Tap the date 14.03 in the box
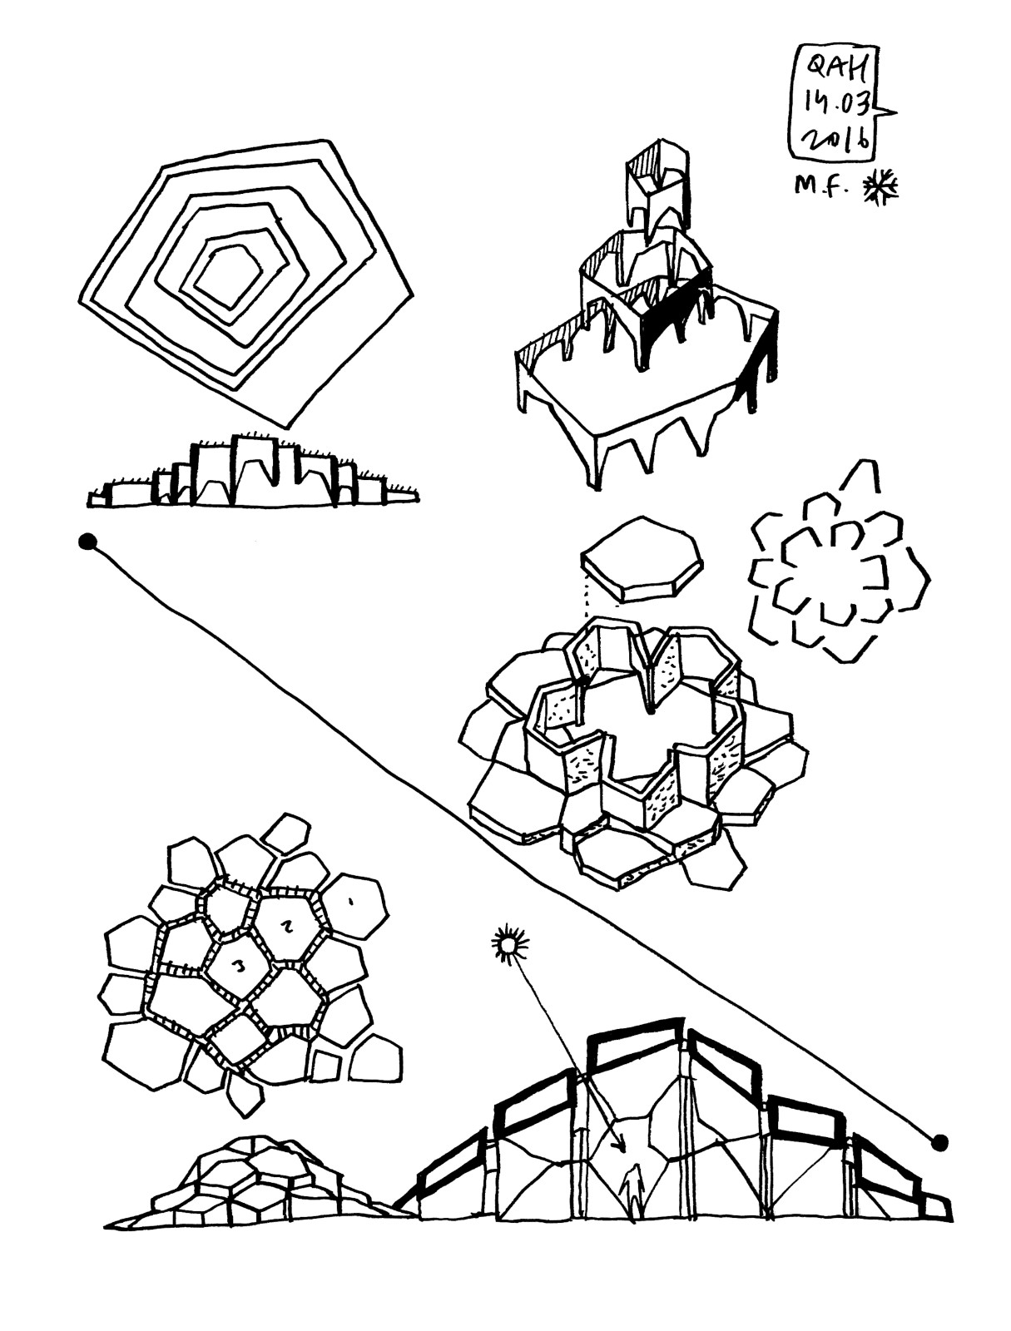(x=835, y=104)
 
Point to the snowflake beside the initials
(x=880, y=186)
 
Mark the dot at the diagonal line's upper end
(x=87, y=542)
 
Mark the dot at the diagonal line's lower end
(x=940, y=1142)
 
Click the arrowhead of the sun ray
(x=617, y=1146)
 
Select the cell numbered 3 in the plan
(x=239, y=967)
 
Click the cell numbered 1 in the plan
(x=354, y=903)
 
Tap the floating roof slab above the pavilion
(x=642, y=557)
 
